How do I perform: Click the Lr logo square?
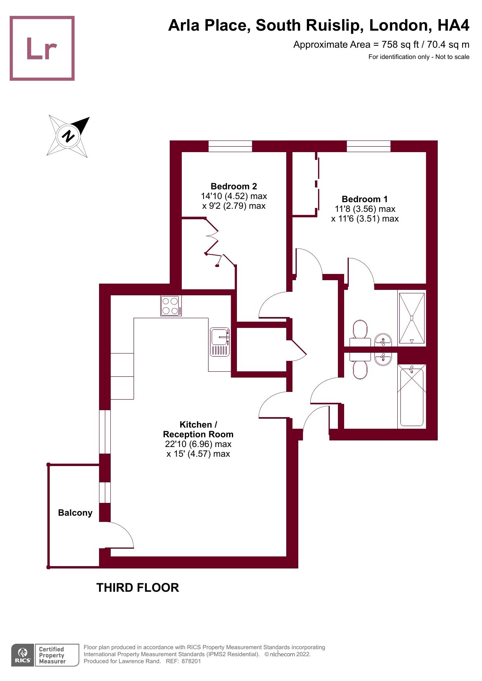42,48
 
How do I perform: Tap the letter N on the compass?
68,136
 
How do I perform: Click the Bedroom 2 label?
234,186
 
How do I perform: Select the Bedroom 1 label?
364,199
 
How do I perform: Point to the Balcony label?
75,513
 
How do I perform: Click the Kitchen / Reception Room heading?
198,430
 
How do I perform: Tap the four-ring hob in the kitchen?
171,306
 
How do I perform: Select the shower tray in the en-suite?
412,318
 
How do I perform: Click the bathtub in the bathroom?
412,396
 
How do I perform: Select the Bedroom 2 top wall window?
230,146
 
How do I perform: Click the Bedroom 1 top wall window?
368,146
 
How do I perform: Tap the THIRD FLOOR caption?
137,587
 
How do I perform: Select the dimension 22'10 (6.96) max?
198,444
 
